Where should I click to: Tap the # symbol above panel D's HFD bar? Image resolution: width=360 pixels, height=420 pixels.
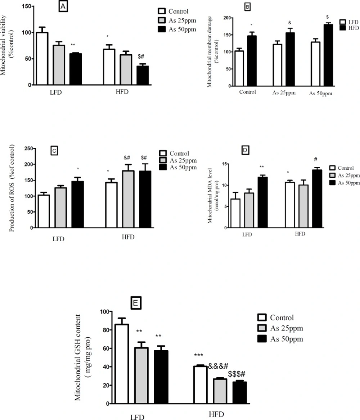point(315,160)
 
